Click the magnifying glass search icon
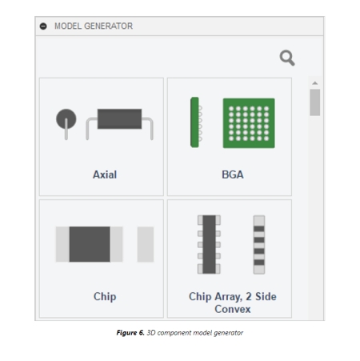(x=287, y=58)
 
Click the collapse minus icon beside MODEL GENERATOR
(x=43, y=26)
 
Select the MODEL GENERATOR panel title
(x=94, y=26)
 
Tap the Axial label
(x=105, y=174)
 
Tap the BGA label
(x=233, y=174)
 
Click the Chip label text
(x=105, y=296)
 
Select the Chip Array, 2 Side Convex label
(x=233, y=303)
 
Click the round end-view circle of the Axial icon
(x=66, y=118)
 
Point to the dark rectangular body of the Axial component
(x=119, y=118)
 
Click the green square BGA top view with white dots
(x=249, y=123)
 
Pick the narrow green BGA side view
(x=194, y=122)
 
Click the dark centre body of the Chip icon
(x=90, y=244)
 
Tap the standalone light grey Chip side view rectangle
(x=146, y=244)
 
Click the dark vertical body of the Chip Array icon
(x=209, y=244)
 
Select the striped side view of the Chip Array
(x=259, y=245)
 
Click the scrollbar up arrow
(x=315, y=83)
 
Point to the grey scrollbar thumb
(x=315, y=102)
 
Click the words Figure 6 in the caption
(x=130, y=333)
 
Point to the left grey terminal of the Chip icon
(x=62, y=244)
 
